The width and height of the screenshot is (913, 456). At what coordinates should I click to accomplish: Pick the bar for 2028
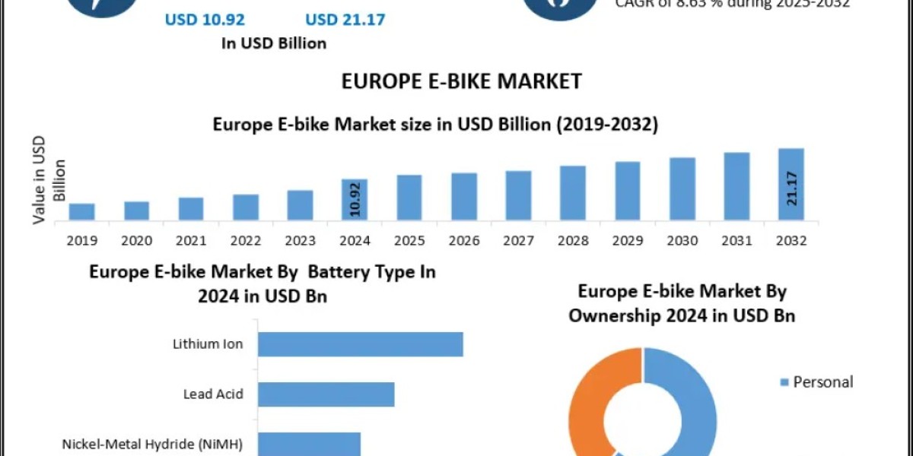[x=573, y=193]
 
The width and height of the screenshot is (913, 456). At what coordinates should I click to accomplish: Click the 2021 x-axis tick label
[x=191, y=240]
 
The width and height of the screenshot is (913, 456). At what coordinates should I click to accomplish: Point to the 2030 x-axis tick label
[x=682, y=240]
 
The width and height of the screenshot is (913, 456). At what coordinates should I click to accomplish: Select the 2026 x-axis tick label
[x=464, y=240]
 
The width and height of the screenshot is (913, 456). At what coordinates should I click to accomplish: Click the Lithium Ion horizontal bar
[x=360, y=344]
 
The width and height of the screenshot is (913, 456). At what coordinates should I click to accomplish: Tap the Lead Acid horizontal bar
[x=326, y=394]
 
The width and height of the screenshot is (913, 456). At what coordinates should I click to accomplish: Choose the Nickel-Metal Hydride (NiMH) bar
[x=308, y=443]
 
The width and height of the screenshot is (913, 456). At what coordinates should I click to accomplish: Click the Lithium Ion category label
[x=208, y=344]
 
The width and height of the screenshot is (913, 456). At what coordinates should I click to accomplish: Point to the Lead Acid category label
[x=213, y=394]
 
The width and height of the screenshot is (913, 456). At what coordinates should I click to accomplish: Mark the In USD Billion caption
[x=274, y=43]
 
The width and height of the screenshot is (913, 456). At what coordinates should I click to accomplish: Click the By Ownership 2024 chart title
[x=682, y=302]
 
